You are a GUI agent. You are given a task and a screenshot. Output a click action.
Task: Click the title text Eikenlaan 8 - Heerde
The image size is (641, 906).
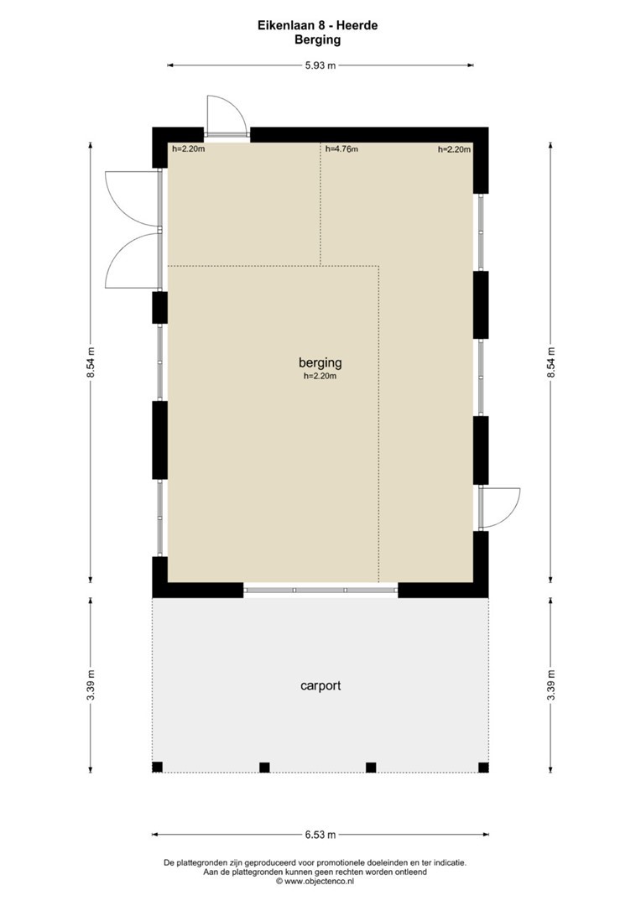pos(317,25)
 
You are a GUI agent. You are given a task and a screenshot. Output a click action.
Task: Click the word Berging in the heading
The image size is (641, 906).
pos(317,40)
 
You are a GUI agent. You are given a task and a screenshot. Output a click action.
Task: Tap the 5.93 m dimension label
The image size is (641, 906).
pos(320,65)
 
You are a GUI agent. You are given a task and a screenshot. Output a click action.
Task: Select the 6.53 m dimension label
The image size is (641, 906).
pos(320,835)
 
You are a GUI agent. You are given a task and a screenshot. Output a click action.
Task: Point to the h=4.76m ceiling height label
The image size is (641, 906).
pos(341,149)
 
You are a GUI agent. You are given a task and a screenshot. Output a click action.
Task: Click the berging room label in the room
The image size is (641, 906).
pos(320,362)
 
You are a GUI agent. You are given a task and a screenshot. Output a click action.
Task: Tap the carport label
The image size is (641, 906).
pos(320,685)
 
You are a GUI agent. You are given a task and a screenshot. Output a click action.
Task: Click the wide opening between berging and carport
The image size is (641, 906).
pos(320,590)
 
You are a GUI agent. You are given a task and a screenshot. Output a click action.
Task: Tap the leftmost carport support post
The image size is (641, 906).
pos(157,768)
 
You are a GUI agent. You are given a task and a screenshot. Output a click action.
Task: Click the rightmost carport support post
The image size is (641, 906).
pos(483,768)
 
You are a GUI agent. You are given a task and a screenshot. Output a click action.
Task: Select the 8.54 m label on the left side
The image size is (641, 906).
pos(90,363)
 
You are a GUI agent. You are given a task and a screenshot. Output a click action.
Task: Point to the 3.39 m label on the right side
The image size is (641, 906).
pos(551,685)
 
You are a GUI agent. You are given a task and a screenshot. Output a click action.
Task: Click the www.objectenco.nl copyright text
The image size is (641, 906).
pos(315,881)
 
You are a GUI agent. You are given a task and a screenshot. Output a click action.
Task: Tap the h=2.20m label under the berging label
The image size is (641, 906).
pos(320,376)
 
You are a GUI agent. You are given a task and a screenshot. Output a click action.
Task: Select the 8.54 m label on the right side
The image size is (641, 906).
pos(551,363)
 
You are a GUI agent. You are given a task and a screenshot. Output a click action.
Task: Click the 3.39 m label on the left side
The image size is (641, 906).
pos(90,685)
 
